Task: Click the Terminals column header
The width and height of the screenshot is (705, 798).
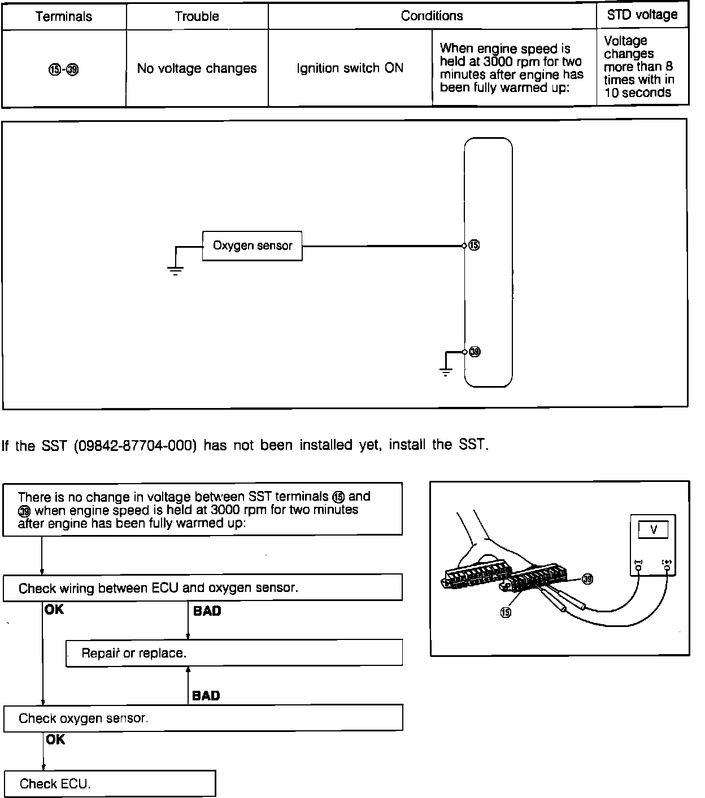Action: pos(63,16)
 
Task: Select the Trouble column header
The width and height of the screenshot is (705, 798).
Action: pos(197,16)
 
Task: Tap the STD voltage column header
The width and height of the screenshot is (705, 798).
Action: pos(642,15)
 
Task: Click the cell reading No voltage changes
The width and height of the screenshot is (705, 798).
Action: pos(197,68)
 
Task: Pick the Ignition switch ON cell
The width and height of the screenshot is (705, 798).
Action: pos(350,68)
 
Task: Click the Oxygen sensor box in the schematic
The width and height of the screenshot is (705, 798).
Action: pos(252,245)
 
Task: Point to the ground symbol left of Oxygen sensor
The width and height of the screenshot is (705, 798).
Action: pos(176,270)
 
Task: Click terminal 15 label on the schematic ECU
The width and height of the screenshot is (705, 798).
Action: pos(475,245)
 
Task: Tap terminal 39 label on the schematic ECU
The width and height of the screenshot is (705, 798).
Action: pos(475,352)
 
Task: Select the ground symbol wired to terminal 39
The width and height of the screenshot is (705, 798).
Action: pos(446,372)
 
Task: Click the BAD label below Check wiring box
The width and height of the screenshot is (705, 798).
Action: pos(207,611)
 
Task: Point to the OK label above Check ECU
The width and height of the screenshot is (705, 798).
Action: pos(55,739)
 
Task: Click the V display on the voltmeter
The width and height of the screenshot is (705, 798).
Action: pos(654,530)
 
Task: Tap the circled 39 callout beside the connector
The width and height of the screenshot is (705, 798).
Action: pos(587,580)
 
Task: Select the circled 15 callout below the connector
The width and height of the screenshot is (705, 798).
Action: pos(506,613)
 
